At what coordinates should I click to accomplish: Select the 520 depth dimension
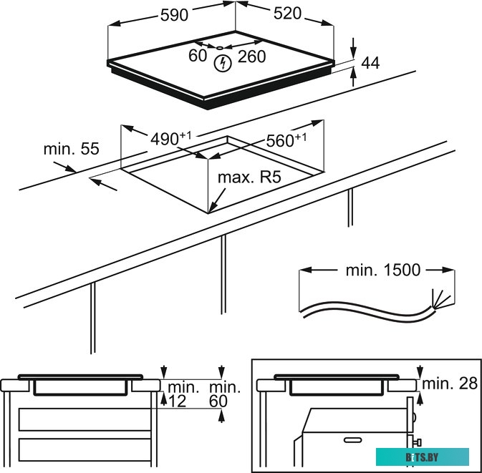[x=285, y=14]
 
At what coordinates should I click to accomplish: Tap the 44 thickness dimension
[x=370, y=63]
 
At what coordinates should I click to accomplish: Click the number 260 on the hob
[x=251, y=56]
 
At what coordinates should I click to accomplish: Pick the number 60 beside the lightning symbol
[x=198, y=55]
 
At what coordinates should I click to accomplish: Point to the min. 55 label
[x=71, y=150]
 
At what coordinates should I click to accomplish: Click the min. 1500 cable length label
[x=383, y=270]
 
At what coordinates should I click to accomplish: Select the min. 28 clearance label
[x=449, y=384]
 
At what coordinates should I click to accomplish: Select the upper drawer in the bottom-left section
[x=85, y=419]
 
